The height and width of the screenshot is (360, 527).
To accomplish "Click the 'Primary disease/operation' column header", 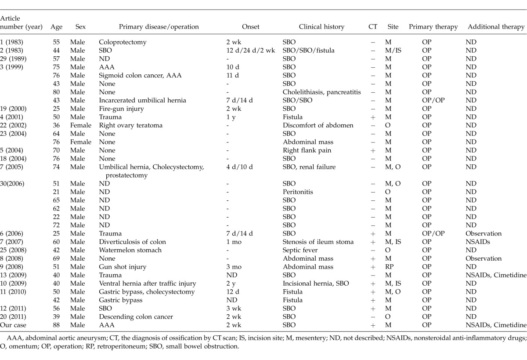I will click(149, 27).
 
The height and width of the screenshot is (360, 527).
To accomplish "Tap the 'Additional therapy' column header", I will click(496, 27).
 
